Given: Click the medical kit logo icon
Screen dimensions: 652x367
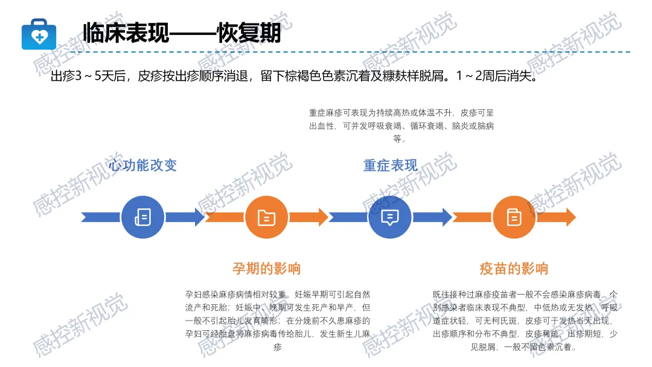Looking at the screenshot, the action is coord(39,34).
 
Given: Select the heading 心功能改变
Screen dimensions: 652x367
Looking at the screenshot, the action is coord(143,165).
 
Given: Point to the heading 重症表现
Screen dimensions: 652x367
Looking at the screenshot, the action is coord(390,165).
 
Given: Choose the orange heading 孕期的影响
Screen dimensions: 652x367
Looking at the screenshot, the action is coord(266,268).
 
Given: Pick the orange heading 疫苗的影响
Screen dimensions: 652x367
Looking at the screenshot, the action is coord(514,268).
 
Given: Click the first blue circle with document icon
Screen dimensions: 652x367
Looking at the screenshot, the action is coord(142,217).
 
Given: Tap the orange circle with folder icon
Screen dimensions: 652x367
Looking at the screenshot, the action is coord(266,217).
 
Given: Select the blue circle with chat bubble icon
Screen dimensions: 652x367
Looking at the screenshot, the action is coord(390,217).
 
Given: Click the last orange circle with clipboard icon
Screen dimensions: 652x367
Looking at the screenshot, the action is coord(514,217).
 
